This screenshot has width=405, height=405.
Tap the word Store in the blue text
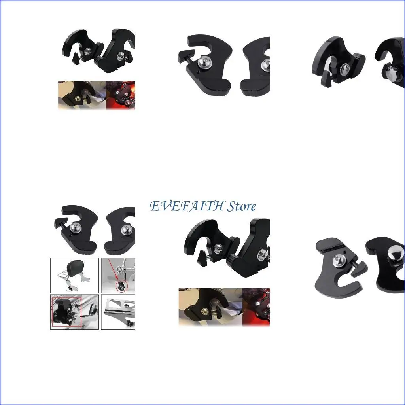click(241, 206)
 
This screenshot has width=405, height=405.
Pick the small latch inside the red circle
click(121, 285)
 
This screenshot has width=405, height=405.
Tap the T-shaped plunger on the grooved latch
click(358, 269)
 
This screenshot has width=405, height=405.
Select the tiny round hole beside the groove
click(346, 252)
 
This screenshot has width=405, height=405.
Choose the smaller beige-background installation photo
click(82, 95)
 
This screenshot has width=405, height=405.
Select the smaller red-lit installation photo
click(121, 95)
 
